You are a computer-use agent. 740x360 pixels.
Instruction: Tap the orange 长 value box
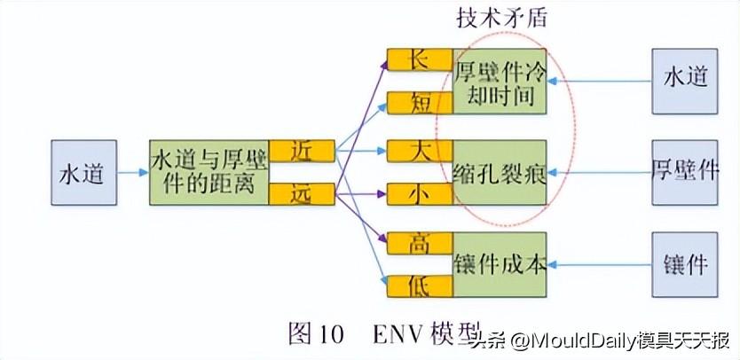(419, 60)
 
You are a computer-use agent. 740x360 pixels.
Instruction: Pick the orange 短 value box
(419, 104)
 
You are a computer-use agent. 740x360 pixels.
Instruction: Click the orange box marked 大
(419, 149)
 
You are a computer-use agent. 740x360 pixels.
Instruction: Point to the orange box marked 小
(419, 192)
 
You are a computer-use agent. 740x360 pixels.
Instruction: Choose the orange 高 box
(419, 241)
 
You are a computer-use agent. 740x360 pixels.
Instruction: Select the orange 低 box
(419, 285)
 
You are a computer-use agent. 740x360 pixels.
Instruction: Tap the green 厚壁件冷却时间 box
(500, 82)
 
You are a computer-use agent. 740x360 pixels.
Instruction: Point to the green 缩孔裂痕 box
(500, 172)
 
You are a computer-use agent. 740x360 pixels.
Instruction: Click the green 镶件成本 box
(500, 264)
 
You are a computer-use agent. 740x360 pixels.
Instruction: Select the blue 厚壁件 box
(684, 171)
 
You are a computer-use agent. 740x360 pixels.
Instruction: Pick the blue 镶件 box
(684, 264)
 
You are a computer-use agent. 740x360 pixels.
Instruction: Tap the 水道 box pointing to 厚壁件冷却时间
(684, 82)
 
